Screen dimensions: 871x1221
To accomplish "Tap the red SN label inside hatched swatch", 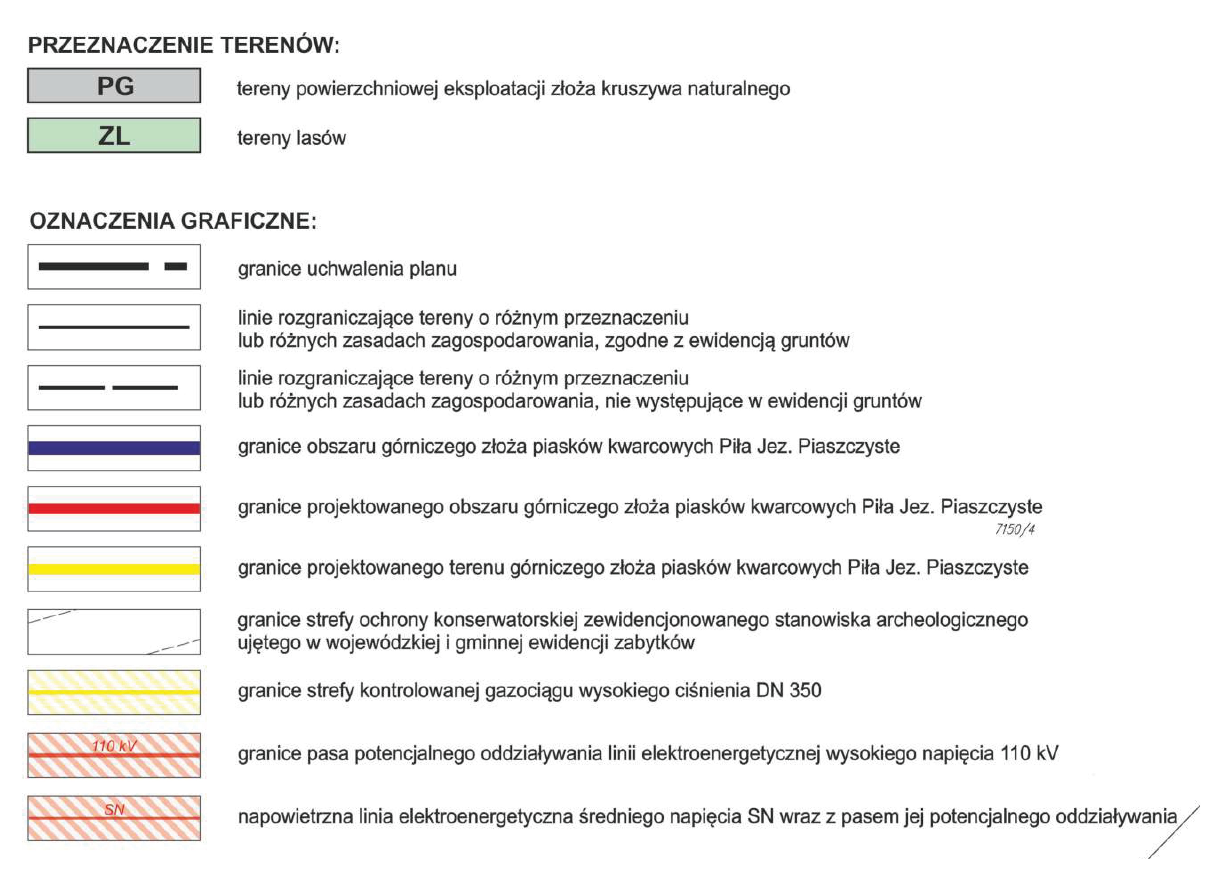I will click(114, 809).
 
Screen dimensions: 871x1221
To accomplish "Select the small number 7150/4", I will click(1015, 529).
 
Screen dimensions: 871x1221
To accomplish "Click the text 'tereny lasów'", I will click(292, 138).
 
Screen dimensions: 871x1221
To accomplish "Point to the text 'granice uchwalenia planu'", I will click(347, 269).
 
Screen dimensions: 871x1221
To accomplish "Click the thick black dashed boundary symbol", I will click(113, 267).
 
